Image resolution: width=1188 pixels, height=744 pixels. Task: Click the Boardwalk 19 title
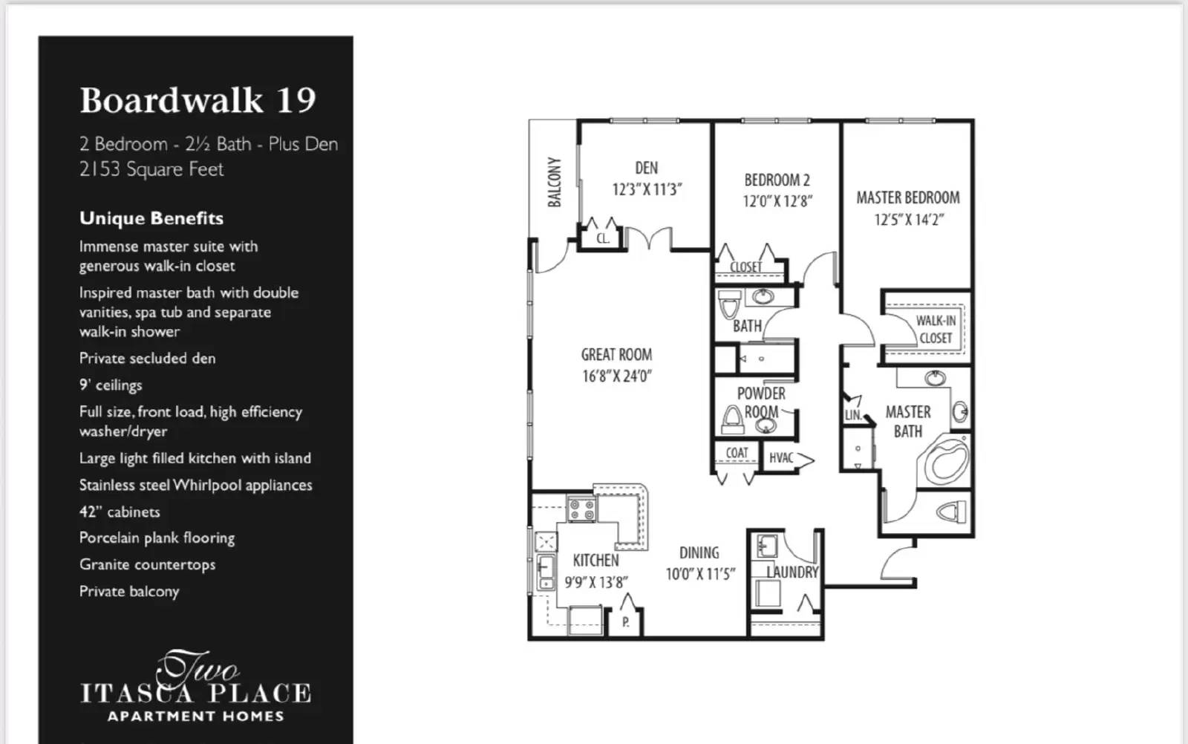coord(198,100)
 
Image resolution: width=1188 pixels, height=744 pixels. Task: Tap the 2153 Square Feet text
coord(151,169)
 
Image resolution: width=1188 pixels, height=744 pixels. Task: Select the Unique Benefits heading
coord(151,218)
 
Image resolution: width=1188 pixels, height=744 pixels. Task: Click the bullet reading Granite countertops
coord(147,564)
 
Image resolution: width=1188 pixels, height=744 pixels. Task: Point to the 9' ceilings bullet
coord(111,385)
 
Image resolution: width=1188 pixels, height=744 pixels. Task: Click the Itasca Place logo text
coord(195,694)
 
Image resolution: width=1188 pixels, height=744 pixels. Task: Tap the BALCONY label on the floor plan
coord(554,182)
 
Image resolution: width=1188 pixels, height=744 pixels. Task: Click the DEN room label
coord(646,168)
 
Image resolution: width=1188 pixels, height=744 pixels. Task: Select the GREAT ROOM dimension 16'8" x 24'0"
coord(616,376)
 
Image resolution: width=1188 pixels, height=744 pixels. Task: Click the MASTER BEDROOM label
coord(907,198)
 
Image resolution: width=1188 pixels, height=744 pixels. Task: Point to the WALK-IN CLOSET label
coord(935,329)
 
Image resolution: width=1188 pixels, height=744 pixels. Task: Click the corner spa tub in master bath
coord(946,461)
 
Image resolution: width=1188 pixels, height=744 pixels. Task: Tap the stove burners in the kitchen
coord(581,509)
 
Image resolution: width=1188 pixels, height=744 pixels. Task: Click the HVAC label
coord(781,458)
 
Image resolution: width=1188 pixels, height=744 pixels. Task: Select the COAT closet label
coord(737,452)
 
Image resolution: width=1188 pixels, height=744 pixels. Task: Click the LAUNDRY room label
coord(792,572)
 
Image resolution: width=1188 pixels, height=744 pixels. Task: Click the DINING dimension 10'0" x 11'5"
coord(699,574)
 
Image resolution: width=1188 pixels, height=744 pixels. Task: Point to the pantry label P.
coord(625,622)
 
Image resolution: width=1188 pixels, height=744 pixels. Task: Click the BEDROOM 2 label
coord(777,180)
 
